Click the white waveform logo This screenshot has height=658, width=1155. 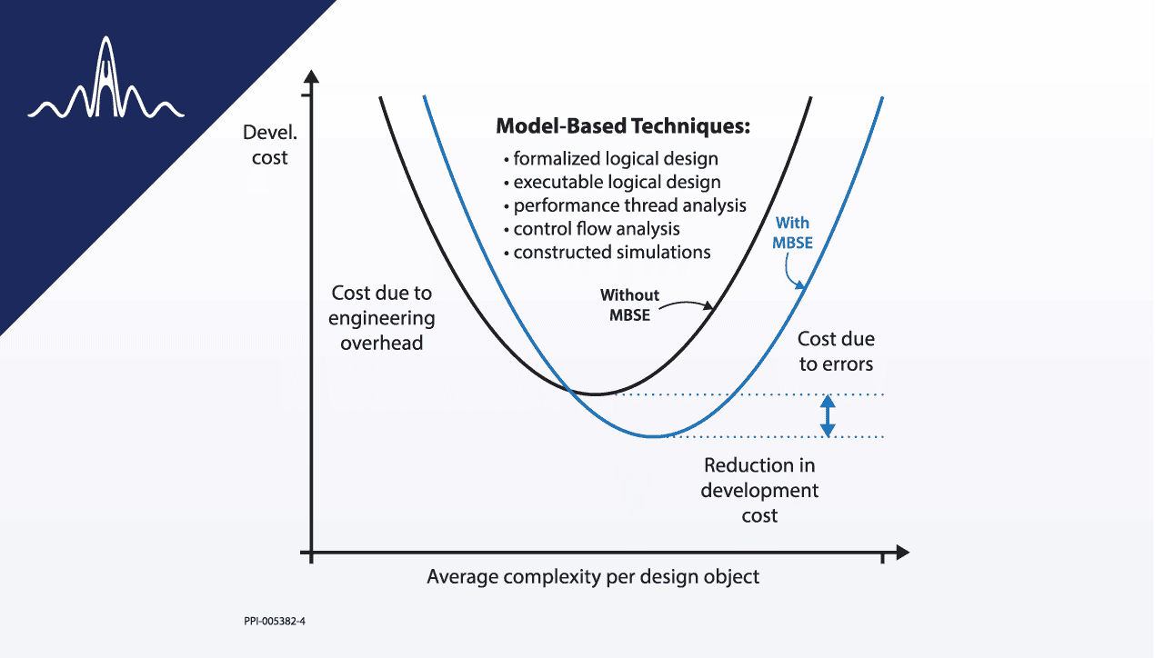106,85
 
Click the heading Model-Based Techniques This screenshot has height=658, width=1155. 623,126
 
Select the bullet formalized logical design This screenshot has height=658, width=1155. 610,159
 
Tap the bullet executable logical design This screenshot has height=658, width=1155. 611,182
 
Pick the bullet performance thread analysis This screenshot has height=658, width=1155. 624,205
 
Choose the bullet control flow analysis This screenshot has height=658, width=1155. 591,229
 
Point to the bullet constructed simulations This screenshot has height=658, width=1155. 607,252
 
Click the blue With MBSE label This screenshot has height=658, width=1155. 791,232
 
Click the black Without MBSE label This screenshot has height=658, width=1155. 629,304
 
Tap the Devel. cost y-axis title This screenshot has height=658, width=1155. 265,145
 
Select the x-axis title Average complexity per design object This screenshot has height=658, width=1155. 593,577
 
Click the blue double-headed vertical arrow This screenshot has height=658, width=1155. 827,416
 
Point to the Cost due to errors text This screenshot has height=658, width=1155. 836,352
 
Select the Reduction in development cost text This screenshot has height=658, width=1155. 759,491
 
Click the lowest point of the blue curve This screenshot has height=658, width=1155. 652,437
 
